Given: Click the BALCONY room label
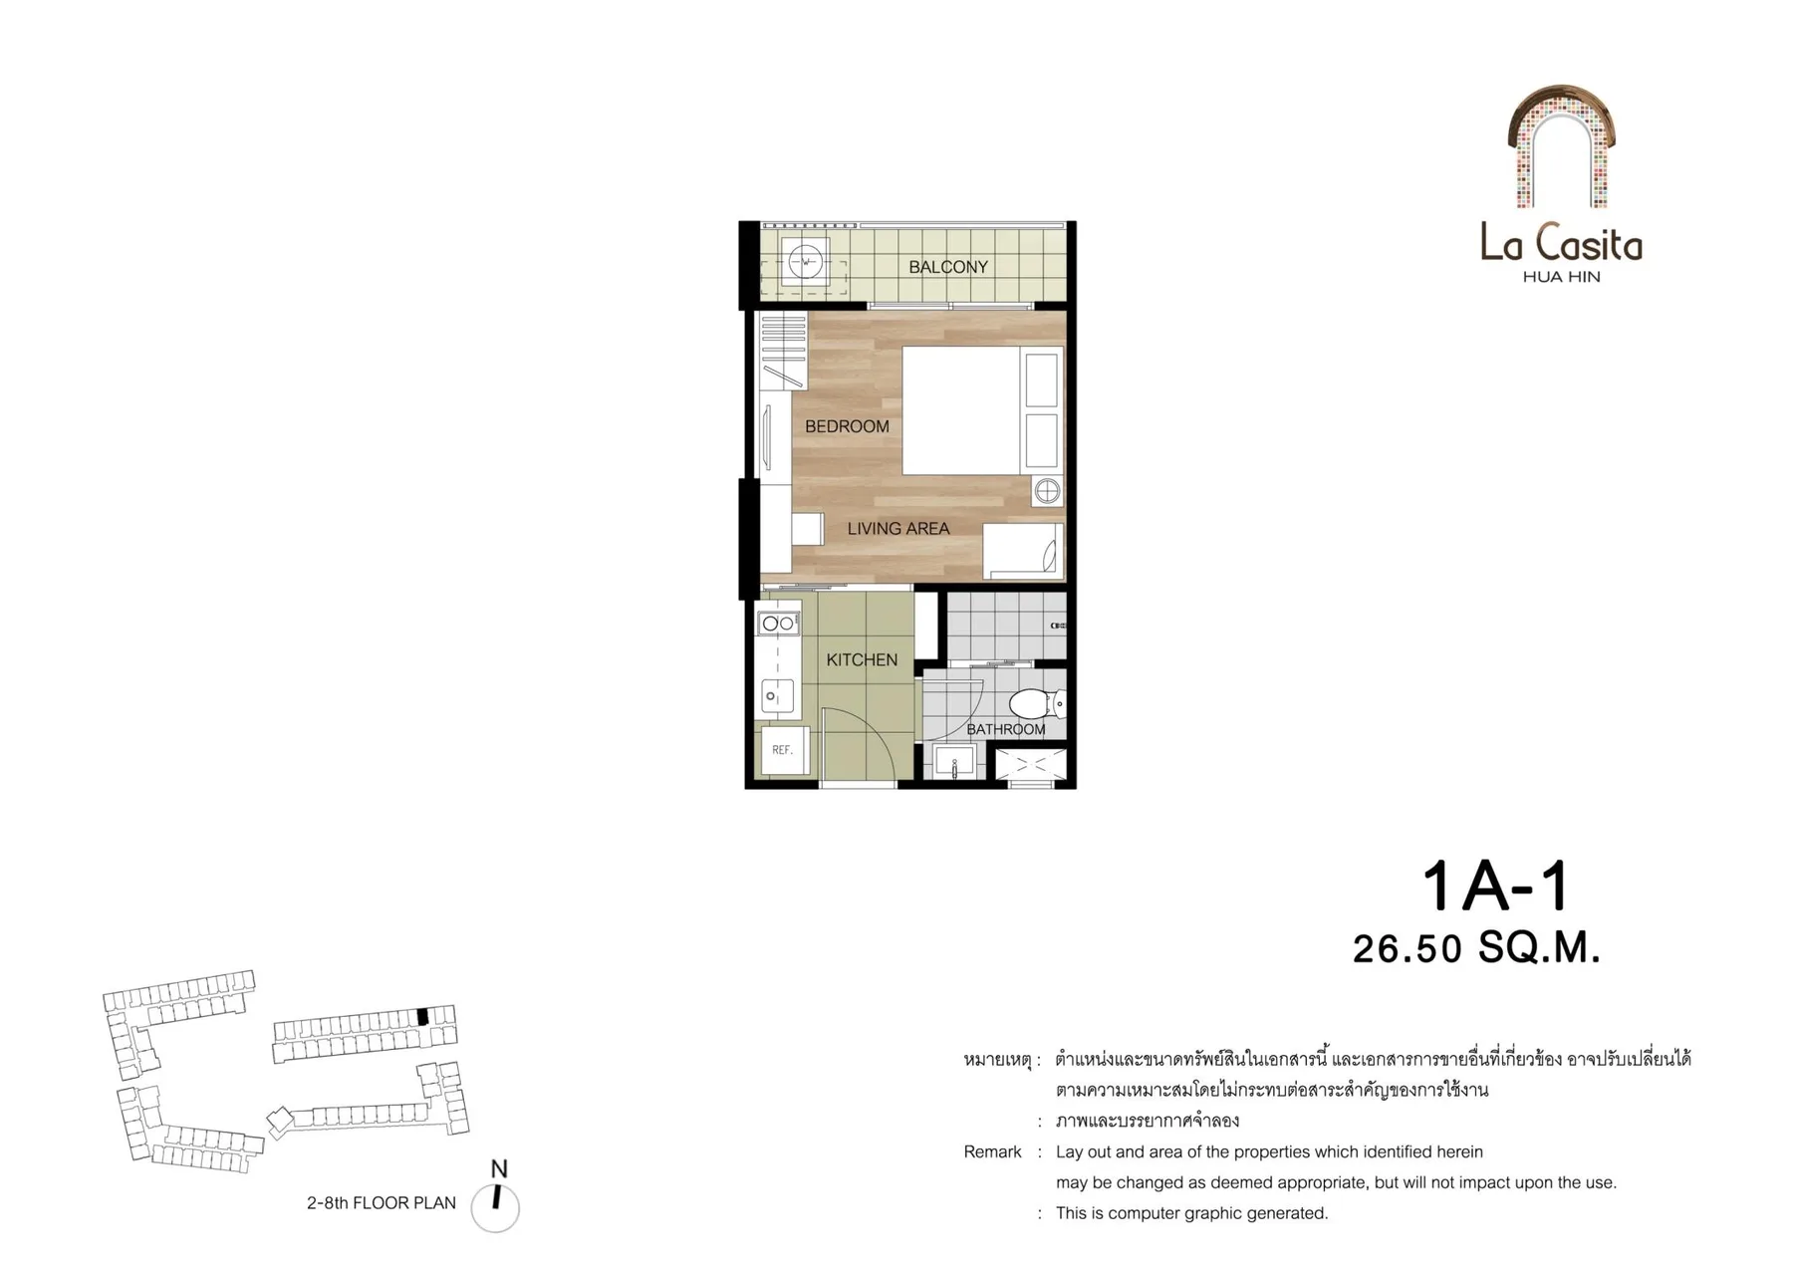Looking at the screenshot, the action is click(x=947, y=267).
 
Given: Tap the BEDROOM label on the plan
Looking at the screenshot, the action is click(x=847, y=426).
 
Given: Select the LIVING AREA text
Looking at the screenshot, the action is click(x=897, y=529).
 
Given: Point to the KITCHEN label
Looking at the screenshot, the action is click(x=862, y=659).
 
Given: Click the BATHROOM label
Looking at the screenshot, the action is click(x=1006, y=729).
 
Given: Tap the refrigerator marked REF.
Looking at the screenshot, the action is click(x=782, y=749).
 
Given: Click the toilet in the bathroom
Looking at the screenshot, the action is click(x=1037, y=704).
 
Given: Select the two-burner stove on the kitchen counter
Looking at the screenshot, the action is click(x=778, y=624).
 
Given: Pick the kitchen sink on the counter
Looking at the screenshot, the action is click(x=777, y=695).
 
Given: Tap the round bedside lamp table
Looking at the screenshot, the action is click(x=1047, y=491).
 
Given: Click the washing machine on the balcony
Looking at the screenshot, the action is click(x=805, y=263).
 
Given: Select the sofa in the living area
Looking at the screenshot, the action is click(x=1023, y=550).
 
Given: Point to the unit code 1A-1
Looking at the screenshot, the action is click(x=1495, y=886).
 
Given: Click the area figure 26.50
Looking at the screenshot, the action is click(x=1407, y=949).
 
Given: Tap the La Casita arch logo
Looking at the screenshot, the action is click(x=1560, y=146).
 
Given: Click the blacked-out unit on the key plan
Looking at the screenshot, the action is click(x=422, y=1017).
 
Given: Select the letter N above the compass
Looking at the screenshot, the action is click(x=499, y=1169).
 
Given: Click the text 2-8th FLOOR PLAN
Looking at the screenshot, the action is click(x=382, y=1203).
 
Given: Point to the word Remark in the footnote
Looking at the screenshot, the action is click(x=992, y=1152).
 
